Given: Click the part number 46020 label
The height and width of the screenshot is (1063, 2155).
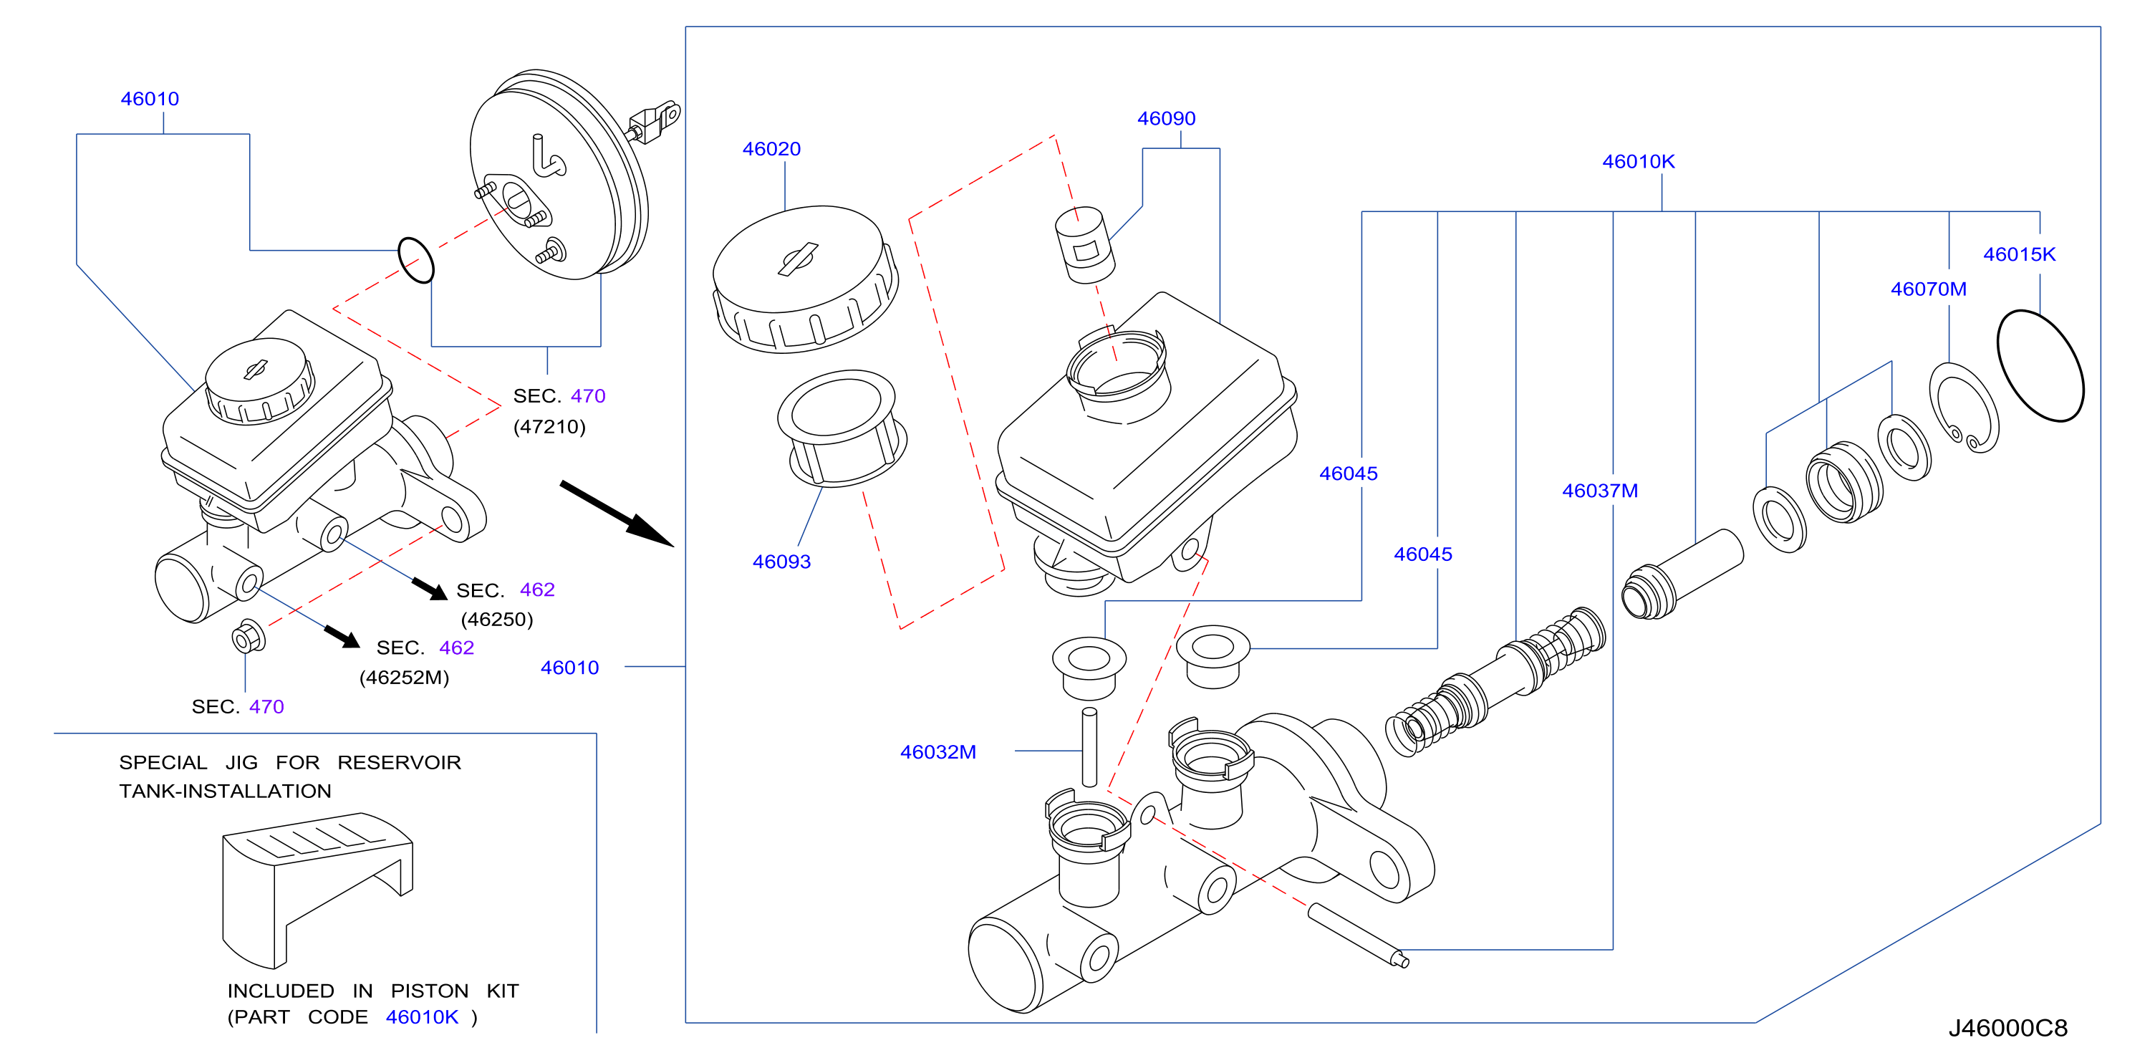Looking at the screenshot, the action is pos(771,149).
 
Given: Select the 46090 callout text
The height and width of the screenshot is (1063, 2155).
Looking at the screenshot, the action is pos(1166,119).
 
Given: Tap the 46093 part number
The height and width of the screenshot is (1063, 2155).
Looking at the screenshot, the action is pos(781,562).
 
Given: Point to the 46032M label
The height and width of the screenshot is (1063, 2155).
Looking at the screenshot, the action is pos(937,751).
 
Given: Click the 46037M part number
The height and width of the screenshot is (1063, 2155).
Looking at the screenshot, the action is pos(1599,491).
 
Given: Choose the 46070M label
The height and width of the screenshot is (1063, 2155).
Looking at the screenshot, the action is pos(1928,289).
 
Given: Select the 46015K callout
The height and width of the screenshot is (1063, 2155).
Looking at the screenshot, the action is pos(2019,254).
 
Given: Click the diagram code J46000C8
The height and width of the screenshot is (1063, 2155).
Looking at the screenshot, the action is pos(2007,1028).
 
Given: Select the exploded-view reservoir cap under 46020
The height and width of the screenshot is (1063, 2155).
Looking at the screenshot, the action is pos(805,279).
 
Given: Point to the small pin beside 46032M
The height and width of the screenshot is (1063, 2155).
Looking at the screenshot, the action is pos(1089,747).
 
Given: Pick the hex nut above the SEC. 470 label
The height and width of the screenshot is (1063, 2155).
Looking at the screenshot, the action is pos(249,637).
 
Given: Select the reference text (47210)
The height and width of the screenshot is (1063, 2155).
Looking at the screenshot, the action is pos(549,427).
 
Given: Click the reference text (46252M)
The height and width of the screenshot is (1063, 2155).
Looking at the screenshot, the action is pos(404,677).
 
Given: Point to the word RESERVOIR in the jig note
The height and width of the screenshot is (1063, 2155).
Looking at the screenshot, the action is pos(399,763).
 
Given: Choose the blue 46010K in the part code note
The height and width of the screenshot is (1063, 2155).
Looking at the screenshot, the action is pos(422,1017).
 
